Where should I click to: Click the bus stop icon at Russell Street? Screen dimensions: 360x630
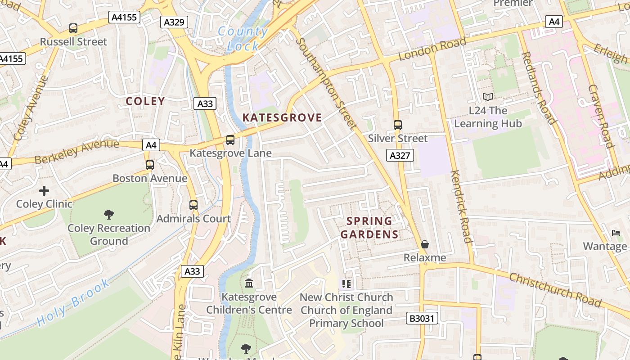tap(73, 28)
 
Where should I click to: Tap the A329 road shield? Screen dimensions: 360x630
tap(174, 22)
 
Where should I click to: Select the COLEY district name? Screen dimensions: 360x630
tap(145, 101)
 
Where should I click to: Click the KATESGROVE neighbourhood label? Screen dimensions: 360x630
tap(282, 118)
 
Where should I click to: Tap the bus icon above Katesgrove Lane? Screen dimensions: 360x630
tap(230, 140)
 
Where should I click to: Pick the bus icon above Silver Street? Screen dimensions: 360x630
tap(398, 125)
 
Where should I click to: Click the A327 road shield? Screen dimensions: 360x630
tap(400, 156)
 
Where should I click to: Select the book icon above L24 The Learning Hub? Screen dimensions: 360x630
tap(488, 97)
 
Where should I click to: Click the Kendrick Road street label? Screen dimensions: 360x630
tap(462, 207)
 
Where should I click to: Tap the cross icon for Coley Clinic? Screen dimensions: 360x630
tap(44, 191)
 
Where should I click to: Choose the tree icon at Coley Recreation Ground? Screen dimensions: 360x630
tap(108, 214)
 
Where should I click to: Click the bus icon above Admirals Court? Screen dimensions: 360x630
tap(193, 205)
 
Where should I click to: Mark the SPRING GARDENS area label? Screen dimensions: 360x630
tap(369, 228)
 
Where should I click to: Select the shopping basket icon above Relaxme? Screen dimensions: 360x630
tap(425, 244)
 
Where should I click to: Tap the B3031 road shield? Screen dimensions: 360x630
tap(422, 319)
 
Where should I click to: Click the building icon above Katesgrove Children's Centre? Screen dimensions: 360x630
tap(249, 283)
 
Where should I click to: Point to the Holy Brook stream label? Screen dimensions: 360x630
tap(73, 302)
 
